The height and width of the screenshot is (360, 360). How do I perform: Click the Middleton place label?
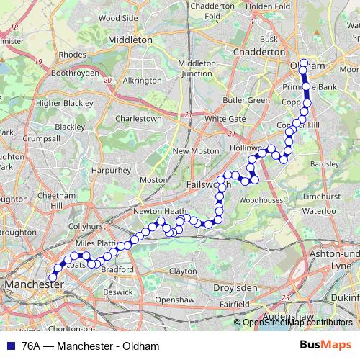click(130, 40)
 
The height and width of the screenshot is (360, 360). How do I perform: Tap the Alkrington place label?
click(143, 81)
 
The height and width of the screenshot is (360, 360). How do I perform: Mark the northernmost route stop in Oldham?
click(304, 63)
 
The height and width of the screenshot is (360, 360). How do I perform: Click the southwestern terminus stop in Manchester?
click(52, 275)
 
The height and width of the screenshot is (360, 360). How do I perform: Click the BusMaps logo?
click(330, 346)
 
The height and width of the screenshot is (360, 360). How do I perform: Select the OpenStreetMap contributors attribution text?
click(297, 323)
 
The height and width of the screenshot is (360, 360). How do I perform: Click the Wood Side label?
click(117, 17)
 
